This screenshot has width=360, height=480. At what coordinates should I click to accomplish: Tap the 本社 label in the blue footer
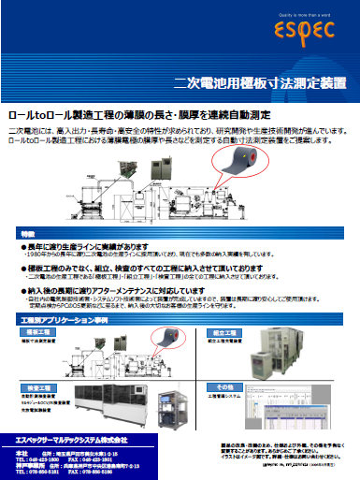click(x=21, y=451)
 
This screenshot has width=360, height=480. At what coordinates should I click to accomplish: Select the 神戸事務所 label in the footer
click(x=27, y=465)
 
